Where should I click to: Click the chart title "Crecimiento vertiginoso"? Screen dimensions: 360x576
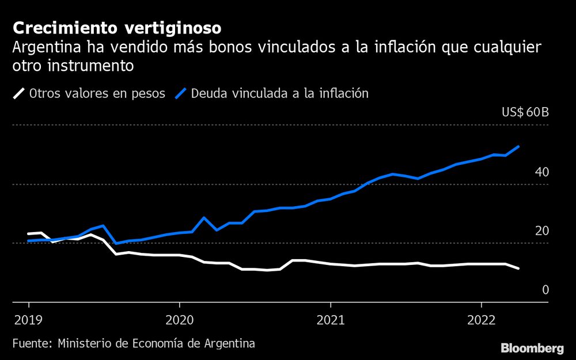[x=116, y=28]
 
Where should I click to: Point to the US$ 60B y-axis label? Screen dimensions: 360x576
[x=525, y=112]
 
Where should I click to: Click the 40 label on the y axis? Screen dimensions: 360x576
[x=541, y=172]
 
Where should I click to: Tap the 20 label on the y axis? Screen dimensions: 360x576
[x=541, y=231]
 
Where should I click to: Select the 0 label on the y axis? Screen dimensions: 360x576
[x=545, y=290]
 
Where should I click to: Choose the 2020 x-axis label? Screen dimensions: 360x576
[x=179, y=319]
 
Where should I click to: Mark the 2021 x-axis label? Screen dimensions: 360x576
[x=330, y=319]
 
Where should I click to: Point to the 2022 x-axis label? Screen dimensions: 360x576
[x=481, y=319]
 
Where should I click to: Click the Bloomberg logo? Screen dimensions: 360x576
[x=532, y=348]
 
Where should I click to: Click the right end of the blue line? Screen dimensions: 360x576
[x=519, y=146]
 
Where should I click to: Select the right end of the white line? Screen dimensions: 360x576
[x=518, y=268]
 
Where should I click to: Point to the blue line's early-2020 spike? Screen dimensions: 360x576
[x=204, y=218]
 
